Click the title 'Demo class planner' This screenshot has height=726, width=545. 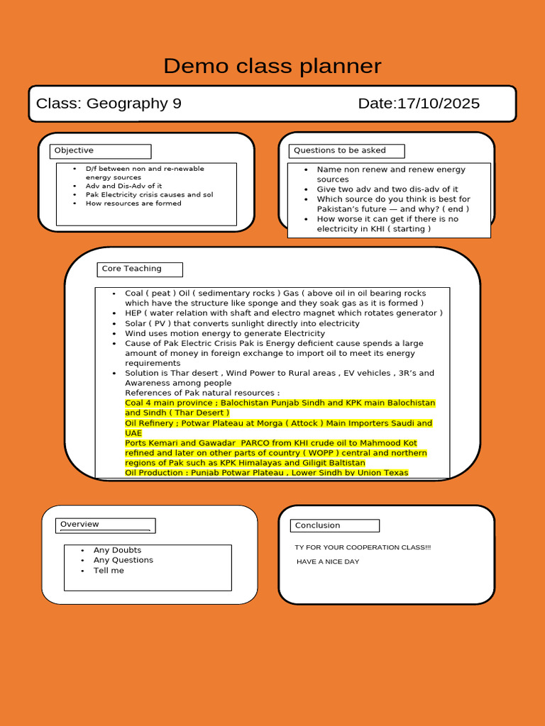coord(272,66)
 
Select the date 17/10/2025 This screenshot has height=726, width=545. coord(419,104)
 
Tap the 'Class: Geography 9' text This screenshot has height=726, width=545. coord(109,104)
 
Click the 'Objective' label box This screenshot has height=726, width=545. coord(100,151)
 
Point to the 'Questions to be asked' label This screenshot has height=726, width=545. coord(347,151)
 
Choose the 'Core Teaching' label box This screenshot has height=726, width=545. coord(140,269)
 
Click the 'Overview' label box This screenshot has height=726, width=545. coord(105,525)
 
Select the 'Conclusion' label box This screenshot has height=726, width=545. coord(334,525)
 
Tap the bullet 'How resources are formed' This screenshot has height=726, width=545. coord(133,203)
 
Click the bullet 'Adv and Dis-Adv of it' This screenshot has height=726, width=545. coord(123,186)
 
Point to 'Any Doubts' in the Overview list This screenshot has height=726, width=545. coord(117,550)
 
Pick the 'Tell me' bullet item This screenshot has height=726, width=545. coord(109,571)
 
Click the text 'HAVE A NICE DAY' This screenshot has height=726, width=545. coord(328,562)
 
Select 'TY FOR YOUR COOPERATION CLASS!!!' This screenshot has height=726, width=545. coord(363,547)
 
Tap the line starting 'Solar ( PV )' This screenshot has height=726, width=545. coord(242,323)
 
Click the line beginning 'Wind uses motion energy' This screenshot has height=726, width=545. coord(225,333)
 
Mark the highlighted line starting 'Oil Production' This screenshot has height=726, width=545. coord(266,473)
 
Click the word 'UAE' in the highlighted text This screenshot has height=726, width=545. coord(133,433)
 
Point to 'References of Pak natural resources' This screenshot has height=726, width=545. coord(202,393)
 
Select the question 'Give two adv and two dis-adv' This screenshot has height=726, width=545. coord(387,189)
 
